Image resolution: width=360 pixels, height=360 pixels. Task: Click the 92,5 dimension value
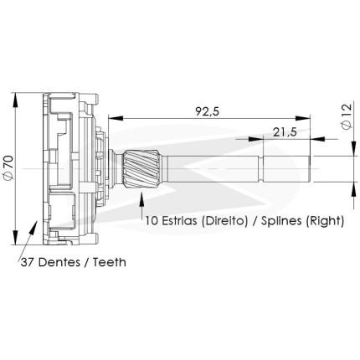[x=208, y=111]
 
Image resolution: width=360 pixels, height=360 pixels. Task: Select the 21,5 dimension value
[x=285, y=132]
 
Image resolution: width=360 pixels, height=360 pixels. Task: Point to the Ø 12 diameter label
[x=347, y=116]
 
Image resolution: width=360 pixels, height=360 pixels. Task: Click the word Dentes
[x=59, y=262]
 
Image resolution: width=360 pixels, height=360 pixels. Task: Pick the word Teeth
[x=110, y=262]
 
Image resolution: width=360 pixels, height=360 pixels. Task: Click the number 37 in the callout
[x=28, y=262]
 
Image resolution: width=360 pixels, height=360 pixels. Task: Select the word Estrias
[x=178, y=221]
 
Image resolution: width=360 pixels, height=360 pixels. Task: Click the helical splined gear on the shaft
[x=141, y=168]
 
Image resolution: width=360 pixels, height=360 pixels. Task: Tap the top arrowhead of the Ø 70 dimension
[x=16, y=100]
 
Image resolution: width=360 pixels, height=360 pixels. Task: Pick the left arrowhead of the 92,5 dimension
[x=116, y=118]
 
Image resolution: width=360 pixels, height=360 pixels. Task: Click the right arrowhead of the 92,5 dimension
[x=303, y=118]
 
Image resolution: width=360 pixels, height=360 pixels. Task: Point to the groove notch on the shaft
[x=261, y=169]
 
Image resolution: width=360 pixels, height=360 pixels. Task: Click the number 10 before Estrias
[x=151, y=221]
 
